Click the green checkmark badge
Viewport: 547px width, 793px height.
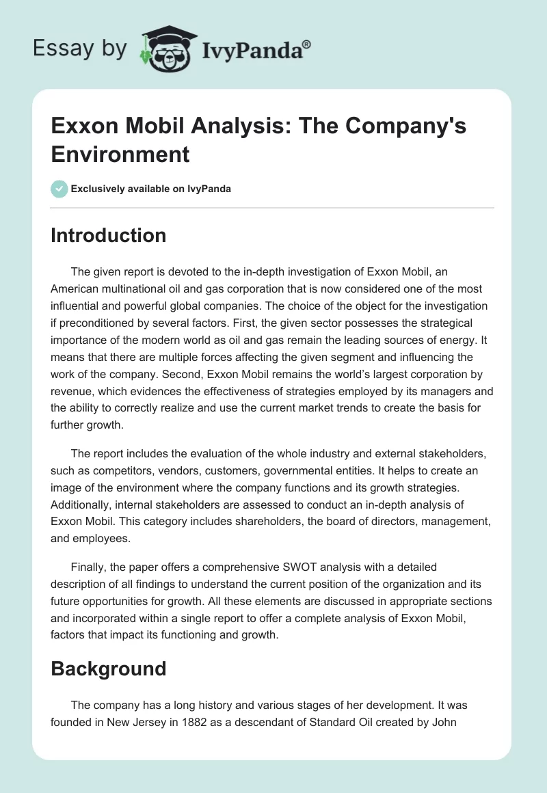(x=59, y=189)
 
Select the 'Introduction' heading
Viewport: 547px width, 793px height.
(x=109, y=235)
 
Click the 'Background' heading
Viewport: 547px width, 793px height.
(x=109, y=668)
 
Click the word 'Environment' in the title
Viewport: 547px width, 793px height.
(x=120, y=154)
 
